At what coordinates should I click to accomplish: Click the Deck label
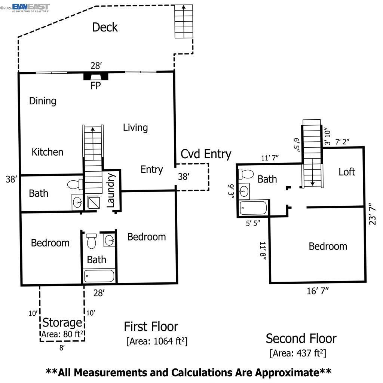[x=105, y=27]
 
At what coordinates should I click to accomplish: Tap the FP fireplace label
[x=95, y=86]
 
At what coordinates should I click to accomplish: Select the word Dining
[x=43, y=101]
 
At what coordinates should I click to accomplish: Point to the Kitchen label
[x=48, y=152]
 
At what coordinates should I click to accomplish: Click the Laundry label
[x=111, y=190]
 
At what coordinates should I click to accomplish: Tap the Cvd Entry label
[x=206, y=154]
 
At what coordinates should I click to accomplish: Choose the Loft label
[x=347, y=172]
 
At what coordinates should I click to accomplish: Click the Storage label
[x=62, y=323]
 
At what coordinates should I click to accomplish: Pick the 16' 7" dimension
[x=318, y=291]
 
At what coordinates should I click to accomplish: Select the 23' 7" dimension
[x=372, y=214]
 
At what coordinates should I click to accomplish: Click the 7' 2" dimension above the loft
[x=342, y=142]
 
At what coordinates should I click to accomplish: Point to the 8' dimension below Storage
[x=62, y=347]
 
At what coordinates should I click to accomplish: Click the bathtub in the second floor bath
[x=253, y=208]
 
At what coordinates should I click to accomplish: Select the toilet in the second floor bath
[x=246, y=174]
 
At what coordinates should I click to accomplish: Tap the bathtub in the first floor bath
[x=99, y=276]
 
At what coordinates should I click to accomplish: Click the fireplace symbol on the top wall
[x=96, y=76]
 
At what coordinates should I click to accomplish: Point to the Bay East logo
[x=31, y=8]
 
